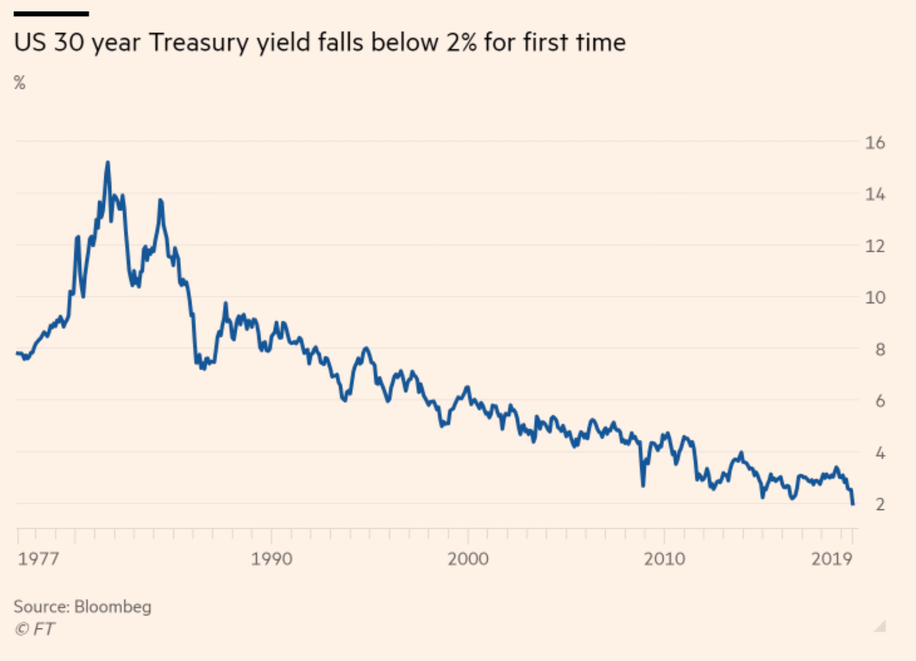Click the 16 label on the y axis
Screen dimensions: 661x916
coord(875,142)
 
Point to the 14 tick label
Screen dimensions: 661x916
coord(875,194)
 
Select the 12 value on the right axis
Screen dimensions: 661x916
coord(875,246)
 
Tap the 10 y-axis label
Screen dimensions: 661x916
coord(875,297)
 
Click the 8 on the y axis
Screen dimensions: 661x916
coord(880,349)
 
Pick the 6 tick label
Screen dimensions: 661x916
coord(880,401)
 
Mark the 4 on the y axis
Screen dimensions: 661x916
coord(880,453)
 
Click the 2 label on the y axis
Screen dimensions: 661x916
coord(880,504)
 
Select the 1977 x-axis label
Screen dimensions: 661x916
coord(38,558)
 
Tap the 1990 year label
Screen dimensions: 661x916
coord(271,558)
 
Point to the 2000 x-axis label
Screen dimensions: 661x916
coord(468,558)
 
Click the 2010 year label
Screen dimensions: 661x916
coord(664,558)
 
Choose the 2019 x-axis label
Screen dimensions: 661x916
coord(832,558)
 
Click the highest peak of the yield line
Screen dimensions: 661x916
coord(107,163)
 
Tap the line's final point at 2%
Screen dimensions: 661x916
coord(853,504)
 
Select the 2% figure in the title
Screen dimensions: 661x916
coord(461,43)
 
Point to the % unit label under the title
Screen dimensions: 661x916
coord(20,83)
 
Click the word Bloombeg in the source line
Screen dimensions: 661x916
coord(113,606)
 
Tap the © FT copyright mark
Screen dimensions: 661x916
coord(35,629)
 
